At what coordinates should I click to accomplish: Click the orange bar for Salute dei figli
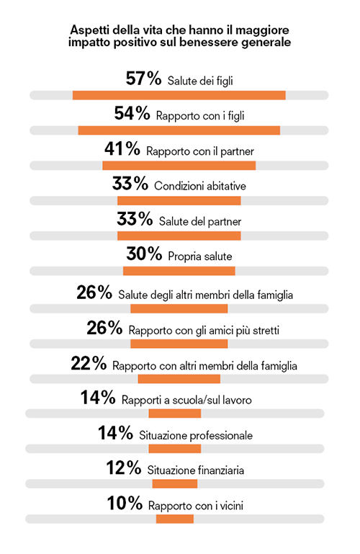179,95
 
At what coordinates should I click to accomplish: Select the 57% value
144,79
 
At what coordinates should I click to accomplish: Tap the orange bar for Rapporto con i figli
179,130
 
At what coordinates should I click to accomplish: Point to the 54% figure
132,113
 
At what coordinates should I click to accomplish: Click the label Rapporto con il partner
200,151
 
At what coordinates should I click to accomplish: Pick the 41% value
122,148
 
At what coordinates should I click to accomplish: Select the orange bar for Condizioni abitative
179,201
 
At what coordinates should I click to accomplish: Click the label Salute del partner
200,222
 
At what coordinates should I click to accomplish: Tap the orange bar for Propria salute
179,271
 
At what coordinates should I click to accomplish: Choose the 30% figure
144,254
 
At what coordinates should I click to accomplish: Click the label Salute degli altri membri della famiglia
205,295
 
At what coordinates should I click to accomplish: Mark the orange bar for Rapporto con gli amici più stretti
179,344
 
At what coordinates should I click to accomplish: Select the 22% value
89,363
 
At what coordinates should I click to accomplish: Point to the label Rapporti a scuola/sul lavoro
186,401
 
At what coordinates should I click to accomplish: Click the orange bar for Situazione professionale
175,449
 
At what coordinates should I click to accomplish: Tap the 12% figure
124,468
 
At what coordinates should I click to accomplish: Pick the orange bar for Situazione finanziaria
175,483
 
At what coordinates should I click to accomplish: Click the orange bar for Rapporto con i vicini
175,519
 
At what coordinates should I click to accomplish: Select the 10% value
125,503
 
